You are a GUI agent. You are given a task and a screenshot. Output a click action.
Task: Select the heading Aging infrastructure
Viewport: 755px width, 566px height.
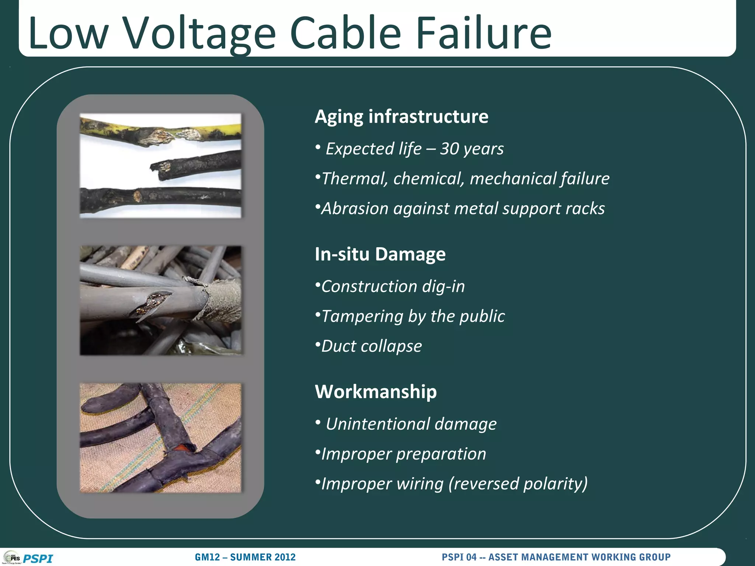click(x=401, y=116)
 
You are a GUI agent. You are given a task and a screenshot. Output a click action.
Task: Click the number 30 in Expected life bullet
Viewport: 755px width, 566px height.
click(x=449, y=149)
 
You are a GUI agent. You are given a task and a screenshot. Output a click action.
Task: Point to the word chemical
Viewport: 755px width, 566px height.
click(x=428, y=179)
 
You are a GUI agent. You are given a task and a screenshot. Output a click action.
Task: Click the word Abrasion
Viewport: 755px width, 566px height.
click(x=355, y=209)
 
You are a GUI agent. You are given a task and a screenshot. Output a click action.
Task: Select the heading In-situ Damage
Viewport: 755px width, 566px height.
click(x=380, y=254)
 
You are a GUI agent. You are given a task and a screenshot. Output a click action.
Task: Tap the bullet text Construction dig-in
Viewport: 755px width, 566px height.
click(x=393, y=286)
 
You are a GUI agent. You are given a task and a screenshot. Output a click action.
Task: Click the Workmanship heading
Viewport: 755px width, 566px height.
click(x=376, y=392)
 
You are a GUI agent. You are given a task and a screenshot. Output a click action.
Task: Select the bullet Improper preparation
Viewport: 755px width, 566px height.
click(x=403, y=454)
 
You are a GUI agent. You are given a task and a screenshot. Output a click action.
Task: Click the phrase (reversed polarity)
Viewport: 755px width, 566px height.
click(x=518, y=483)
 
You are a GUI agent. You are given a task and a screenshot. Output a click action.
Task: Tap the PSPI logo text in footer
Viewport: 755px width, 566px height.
click(x=38, y=559)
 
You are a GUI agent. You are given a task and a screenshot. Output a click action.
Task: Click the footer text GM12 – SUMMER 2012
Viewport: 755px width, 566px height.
click(x=245, y=557)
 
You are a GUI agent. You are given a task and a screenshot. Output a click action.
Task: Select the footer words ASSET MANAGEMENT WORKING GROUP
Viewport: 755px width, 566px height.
click(x=579, y=557)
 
